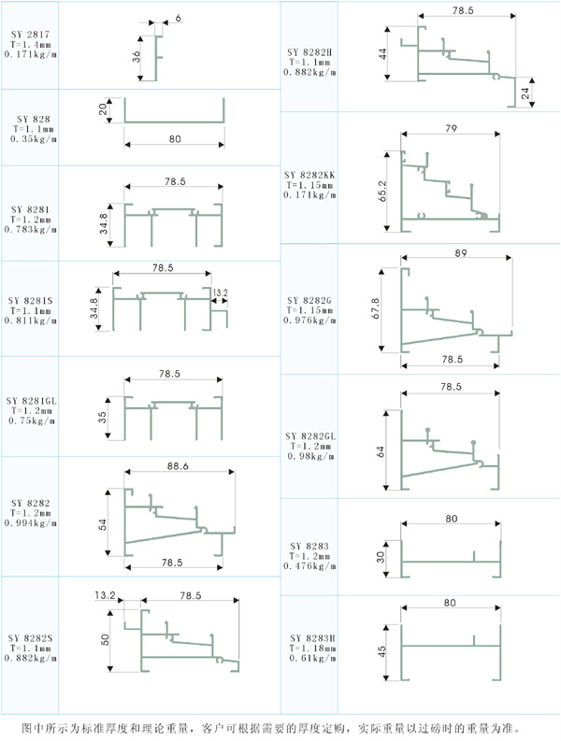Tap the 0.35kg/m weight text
pos(33,139)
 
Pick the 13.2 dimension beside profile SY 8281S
pos(220,292)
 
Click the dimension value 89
pos(459,253)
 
